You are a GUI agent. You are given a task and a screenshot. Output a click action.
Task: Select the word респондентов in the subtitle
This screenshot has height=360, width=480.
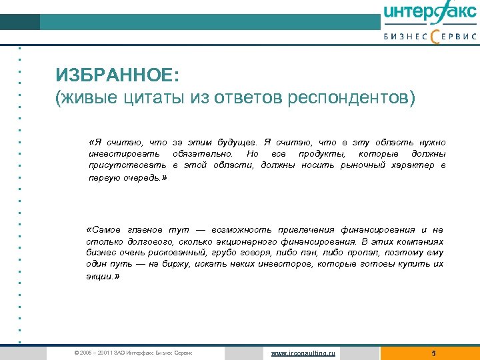pos(351,99)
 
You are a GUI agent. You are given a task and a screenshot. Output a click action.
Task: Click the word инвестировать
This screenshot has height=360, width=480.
pos(125,154)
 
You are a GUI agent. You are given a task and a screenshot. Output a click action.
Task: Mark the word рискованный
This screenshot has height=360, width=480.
pos(175,253)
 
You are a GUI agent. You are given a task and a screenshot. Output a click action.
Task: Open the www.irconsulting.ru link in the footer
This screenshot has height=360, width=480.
pos(303,353)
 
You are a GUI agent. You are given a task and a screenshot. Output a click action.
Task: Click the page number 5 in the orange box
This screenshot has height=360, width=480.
pos(433,353)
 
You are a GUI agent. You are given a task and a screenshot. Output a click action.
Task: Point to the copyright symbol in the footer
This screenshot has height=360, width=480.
pos(77,353)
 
